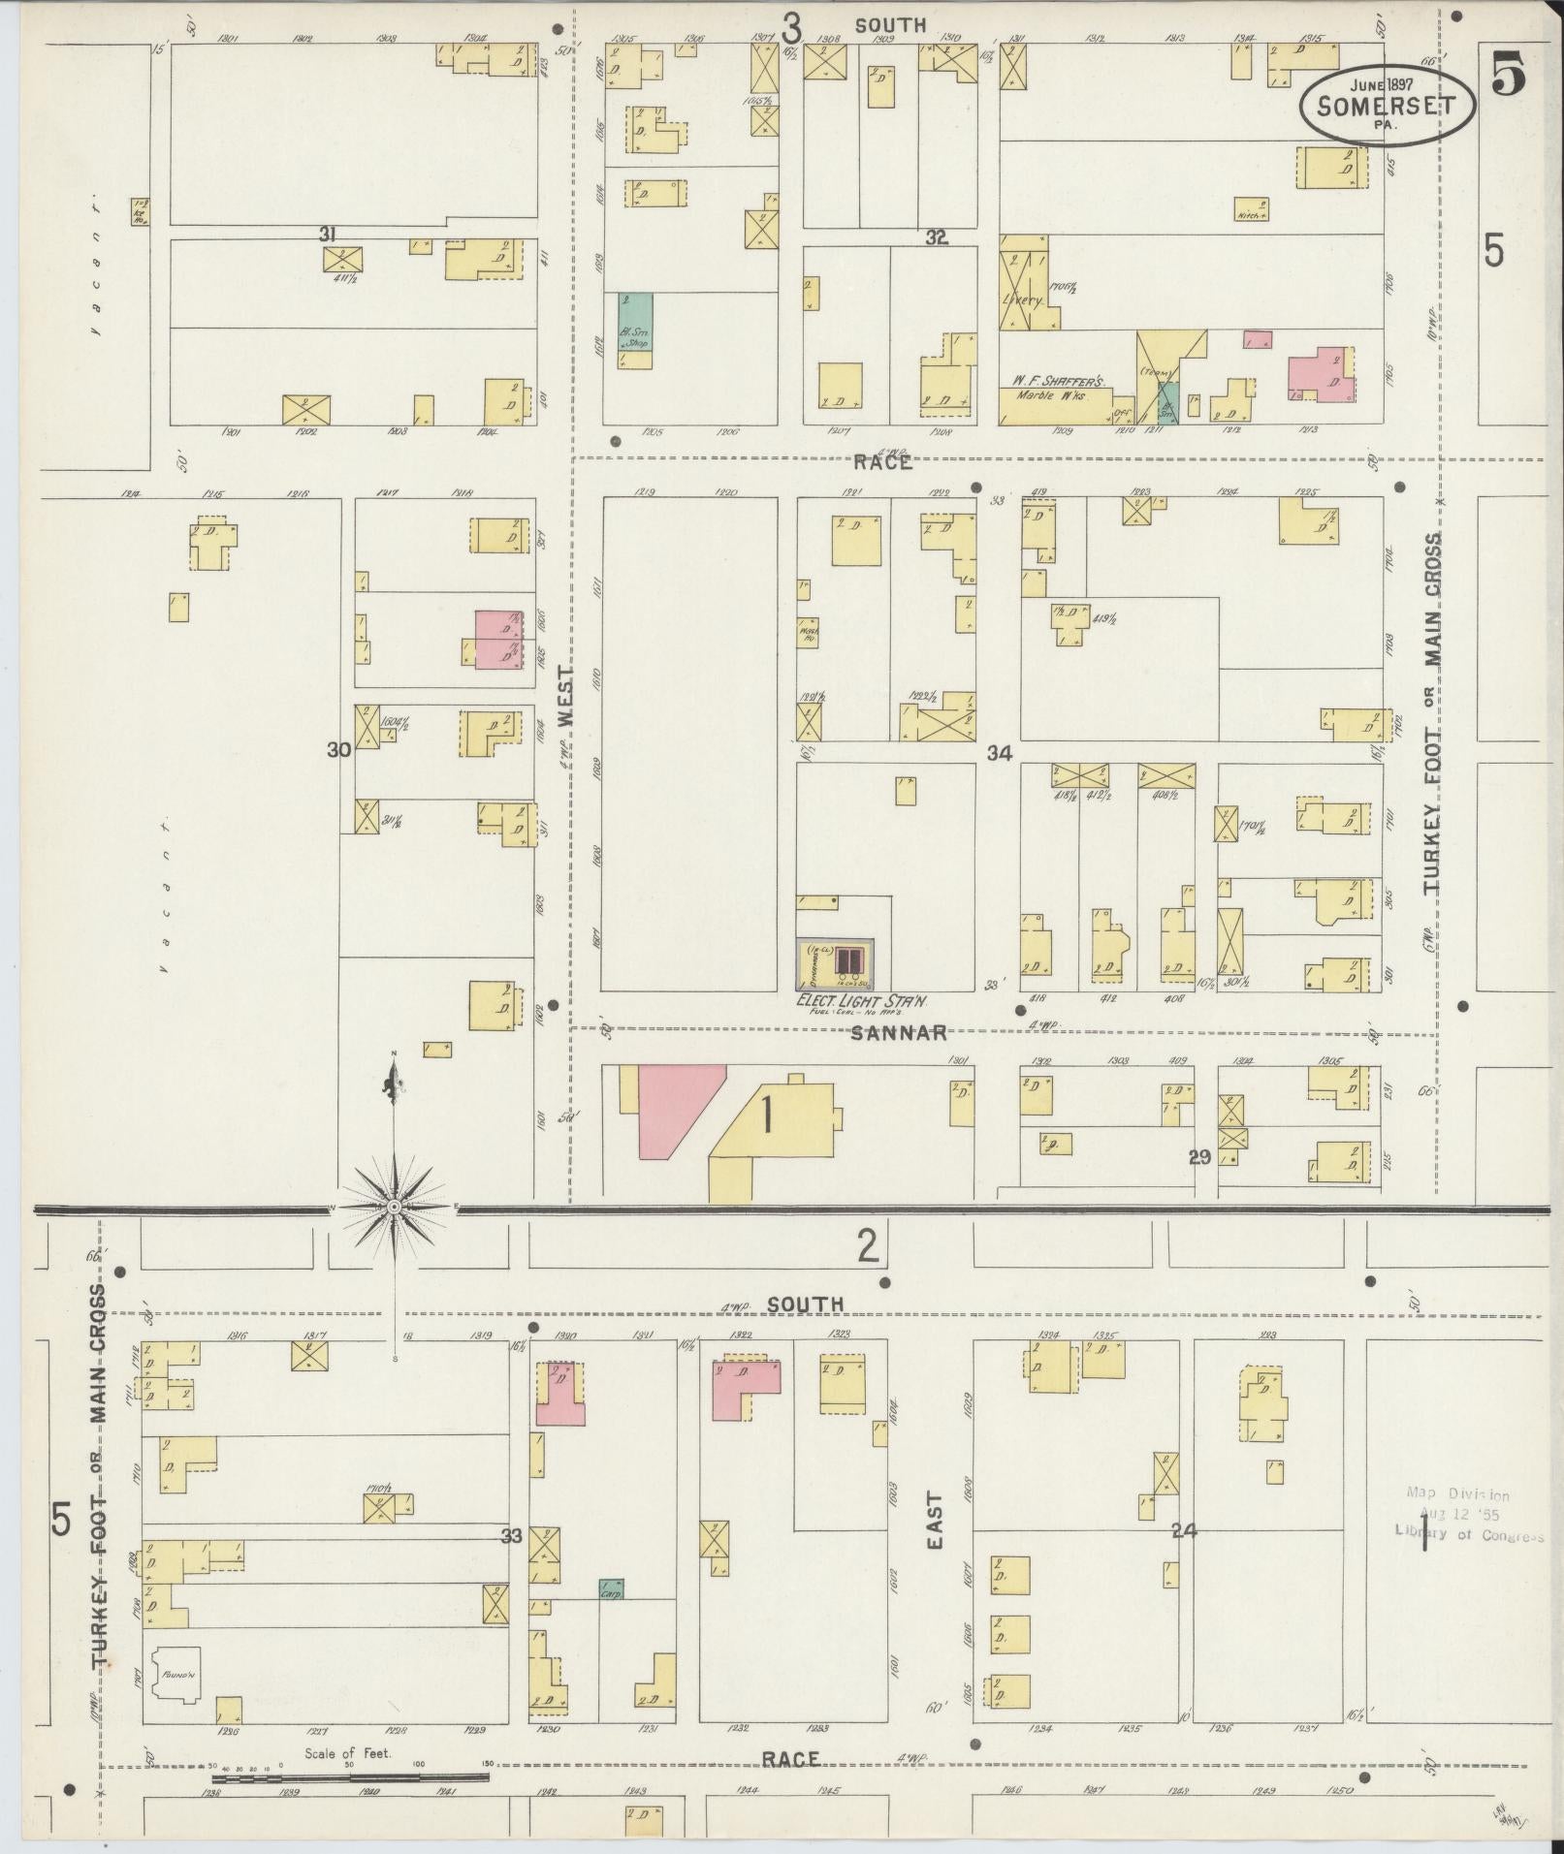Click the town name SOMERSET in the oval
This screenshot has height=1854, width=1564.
point(1386,105)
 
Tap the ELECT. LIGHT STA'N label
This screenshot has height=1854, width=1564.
point(849,999)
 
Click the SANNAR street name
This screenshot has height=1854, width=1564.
point(899,1033)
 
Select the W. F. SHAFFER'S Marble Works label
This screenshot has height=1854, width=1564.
point(1061,387)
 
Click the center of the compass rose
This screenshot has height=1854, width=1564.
point(395,1207)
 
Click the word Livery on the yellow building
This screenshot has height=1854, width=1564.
point(1022,299)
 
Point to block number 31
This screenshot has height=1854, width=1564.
point(328,234)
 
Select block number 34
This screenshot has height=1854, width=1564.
point(1000,753)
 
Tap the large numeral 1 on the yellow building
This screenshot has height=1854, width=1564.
point(768,1118)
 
